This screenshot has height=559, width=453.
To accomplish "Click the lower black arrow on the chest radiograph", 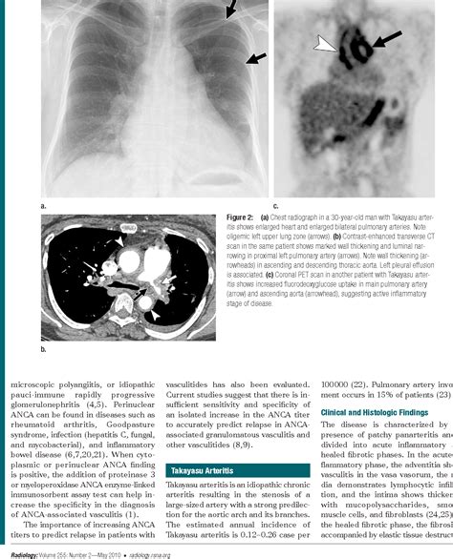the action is click(253, 59).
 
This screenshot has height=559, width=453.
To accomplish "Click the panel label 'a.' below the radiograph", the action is click(43, 206).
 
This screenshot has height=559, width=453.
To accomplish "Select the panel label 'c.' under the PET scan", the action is click(276, 206).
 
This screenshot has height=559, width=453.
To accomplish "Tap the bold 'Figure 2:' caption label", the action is click(290, 218).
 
